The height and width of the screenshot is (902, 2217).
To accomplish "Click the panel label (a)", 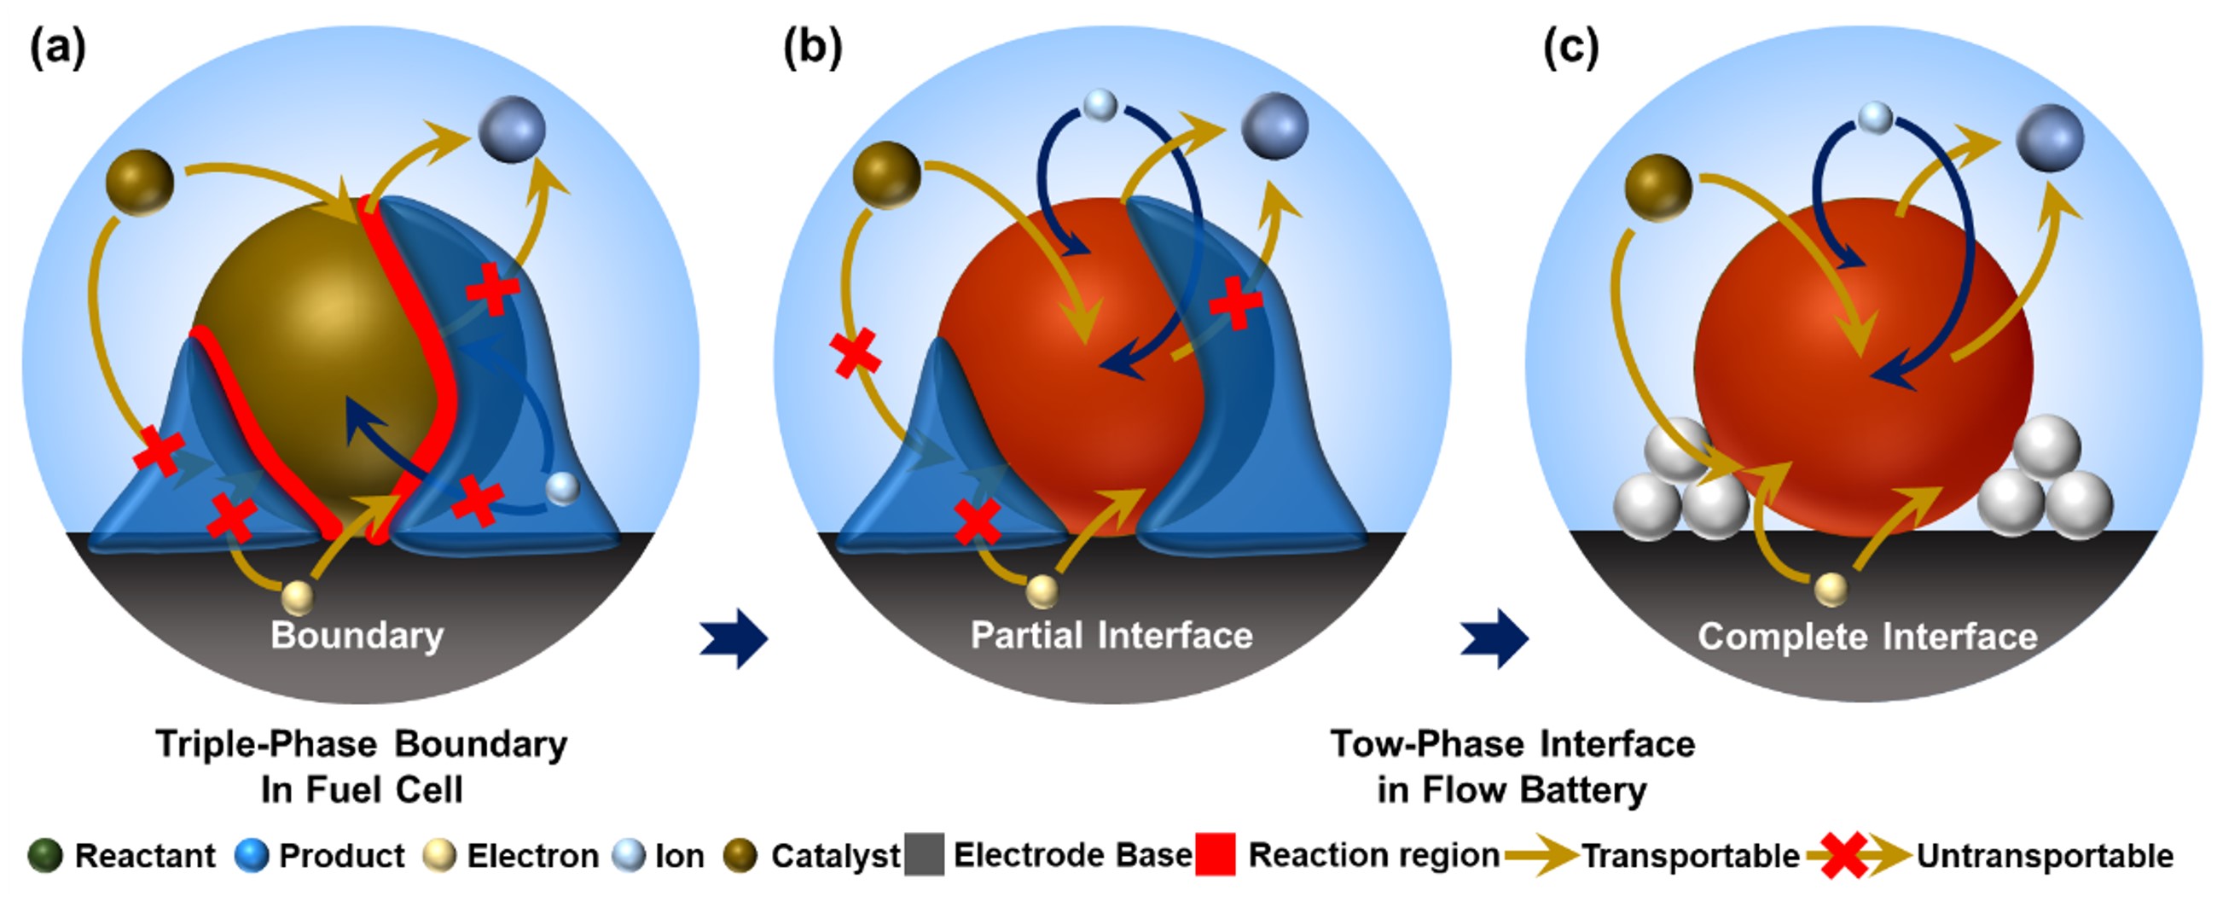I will (x=58, y=47).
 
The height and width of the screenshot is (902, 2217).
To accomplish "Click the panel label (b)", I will (x=811, y=47).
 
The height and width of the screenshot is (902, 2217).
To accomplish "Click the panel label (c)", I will (x=1570, y=47).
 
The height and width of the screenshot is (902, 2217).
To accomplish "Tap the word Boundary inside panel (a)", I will (x=357, y=635).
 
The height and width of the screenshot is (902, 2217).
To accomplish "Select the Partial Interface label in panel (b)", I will (x=1111, y=635).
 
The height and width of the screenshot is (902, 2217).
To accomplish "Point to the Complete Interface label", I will (x=1866, y=637).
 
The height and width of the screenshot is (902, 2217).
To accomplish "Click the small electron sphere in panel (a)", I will (x=298, y=596).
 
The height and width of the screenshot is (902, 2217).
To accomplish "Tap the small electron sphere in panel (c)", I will (x=1831, y=590).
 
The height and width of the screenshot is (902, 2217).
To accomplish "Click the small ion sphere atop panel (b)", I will (x=1100, y=105).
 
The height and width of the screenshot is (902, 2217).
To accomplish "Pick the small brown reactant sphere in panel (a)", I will (x=139, y=182).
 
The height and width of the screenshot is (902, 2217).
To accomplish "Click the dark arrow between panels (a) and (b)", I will (x=734, y=637).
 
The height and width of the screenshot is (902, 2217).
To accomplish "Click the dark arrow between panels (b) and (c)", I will (x=1494, y=637).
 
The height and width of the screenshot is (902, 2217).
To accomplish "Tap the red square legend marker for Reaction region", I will (x=1216, y=855).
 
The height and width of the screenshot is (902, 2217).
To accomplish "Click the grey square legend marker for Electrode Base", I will (x=925, y=855).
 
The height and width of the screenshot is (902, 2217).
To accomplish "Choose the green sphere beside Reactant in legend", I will (x=44, y=856).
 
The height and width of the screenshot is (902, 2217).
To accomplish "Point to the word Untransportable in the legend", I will (x=2045, y=856).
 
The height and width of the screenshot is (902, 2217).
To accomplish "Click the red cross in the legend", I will (x=1843, y=856).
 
